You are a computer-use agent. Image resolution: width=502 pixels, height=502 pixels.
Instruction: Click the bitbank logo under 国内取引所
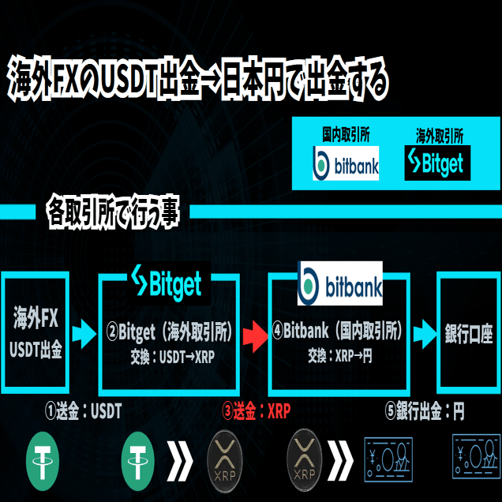tap(346, 163)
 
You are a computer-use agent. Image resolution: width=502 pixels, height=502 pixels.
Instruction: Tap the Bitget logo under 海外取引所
tap(433, 163)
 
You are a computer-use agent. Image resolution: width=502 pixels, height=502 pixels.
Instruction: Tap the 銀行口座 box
tap(469, 333)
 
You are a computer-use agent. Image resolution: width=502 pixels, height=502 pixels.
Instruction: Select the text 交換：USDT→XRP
tap(172, 356)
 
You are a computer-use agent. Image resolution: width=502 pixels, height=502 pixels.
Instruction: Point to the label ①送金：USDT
tap(83, 412)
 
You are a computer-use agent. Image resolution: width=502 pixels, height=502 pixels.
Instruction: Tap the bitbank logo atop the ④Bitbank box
tap(339, 283)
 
